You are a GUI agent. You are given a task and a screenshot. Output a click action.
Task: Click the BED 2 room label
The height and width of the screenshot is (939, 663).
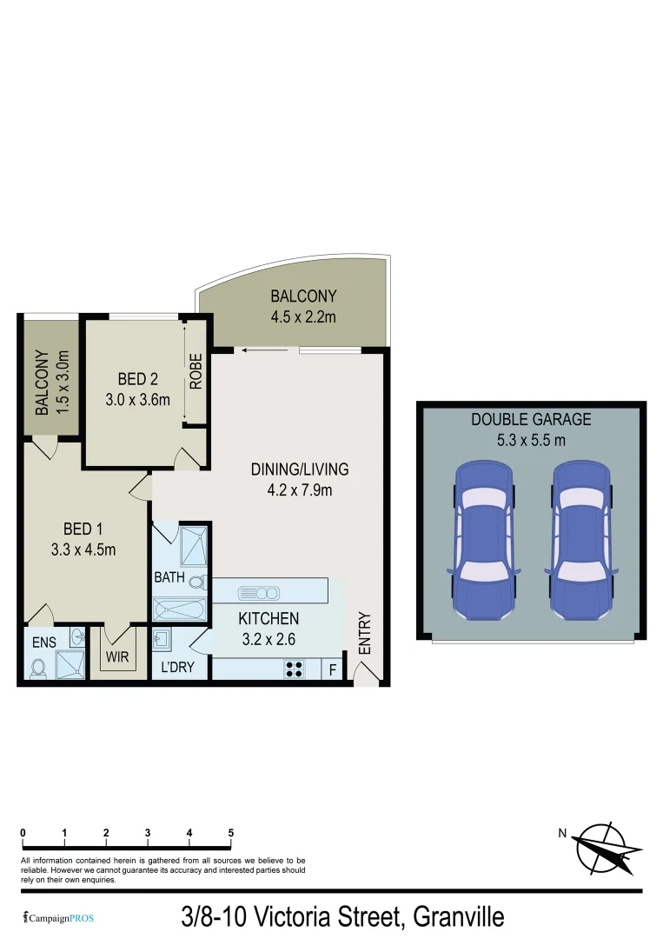137,379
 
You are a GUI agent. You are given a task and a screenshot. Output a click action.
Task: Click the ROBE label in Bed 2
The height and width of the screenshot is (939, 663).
196,371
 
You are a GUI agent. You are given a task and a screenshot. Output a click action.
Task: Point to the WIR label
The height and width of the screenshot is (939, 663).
118,657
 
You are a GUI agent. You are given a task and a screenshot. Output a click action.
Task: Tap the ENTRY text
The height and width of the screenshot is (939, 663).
364,635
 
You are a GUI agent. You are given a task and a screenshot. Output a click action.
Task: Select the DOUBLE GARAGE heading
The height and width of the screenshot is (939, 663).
531,419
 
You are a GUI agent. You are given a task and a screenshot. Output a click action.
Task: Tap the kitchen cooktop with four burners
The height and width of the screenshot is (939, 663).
295,669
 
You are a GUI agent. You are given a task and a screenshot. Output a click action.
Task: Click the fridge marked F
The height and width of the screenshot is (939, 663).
331,669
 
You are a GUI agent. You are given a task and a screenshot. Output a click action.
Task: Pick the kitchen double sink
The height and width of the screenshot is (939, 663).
259,593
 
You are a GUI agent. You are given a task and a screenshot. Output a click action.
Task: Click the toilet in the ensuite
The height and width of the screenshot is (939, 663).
37,667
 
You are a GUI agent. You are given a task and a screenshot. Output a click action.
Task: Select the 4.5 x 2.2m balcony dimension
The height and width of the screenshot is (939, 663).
302,316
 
